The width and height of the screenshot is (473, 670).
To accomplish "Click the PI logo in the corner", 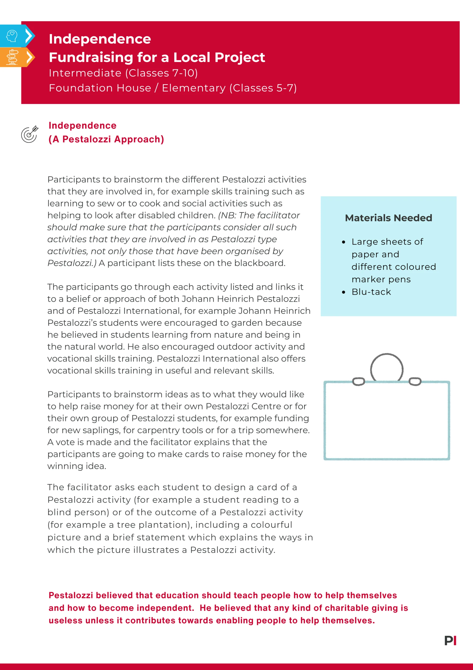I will [450, 641].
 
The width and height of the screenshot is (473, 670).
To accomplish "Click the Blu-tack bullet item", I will [371, 292].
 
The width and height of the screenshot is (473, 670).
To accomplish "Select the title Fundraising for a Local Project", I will [157, 57].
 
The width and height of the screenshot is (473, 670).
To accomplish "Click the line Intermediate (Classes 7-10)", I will [123, 73].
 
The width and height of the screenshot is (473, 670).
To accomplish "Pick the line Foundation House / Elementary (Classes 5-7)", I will [173, 88].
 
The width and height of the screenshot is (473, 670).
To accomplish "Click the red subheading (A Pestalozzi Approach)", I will [106, 139].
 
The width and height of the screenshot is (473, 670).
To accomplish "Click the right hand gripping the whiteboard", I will [415, 381].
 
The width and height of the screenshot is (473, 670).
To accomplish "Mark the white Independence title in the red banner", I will [100, 39].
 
